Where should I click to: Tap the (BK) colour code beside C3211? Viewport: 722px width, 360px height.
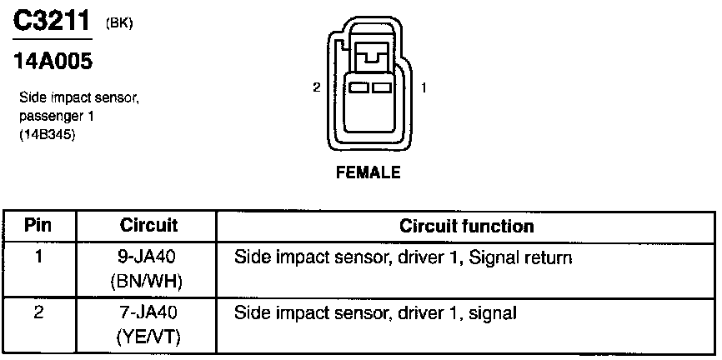click(120, 22)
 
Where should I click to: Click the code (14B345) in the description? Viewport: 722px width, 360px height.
click(48, 131)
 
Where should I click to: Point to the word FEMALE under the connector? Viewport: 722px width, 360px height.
click(368, 173)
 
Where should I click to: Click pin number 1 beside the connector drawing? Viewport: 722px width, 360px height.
click(425, 87)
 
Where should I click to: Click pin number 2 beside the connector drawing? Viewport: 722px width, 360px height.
click(316, 87)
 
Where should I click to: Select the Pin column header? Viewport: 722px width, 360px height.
click(38, 226)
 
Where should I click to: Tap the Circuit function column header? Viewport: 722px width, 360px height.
click(467, 226)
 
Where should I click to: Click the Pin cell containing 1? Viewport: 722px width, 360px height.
click(38, 257)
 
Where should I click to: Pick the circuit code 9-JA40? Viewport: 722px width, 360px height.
click(147, 258)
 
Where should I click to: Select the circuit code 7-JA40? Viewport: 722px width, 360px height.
click(147, 314)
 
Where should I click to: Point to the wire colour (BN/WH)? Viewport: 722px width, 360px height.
click(147, 282)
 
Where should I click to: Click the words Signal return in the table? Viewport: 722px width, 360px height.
click(520, 258)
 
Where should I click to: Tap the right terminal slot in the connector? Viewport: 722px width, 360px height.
click(382, 87)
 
